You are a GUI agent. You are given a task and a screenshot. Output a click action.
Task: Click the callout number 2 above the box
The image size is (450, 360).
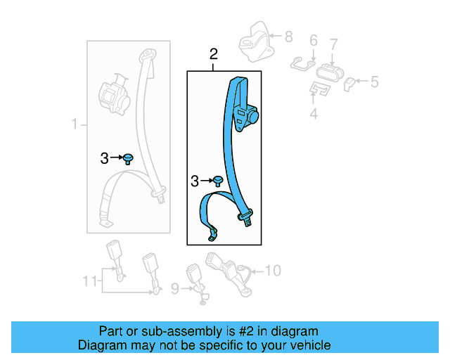214,54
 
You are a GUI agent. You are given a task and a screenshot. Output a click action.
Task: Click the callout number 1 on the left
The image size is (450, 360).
75,125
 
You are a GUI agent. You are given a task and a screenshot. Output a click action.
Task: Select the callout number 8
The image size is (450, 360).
288,35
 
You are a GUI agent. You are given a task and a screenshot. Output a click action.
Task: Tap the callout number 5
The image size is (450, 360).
374,82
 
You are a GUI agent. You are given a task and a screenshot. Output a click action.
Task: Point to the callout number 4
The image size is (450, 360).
314,112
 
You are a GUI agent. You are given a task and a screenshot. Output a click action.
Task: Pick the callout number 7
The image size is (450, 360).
334,45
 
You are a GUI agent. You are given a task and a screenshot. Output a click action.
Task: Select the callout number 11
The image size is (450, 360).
88,281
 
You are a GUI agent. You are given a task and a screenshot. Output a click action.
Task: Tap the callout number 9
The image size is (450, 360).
176,287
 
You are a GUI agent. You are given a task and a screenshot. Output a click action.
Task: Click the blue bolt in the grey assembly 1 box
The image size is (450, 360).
129,158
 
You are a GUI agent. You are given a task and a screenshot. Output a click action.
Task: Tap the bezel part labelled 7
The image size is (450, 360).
329,72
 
